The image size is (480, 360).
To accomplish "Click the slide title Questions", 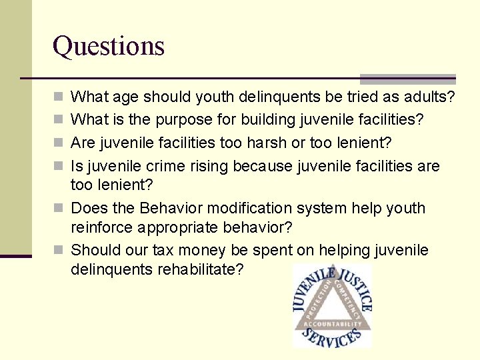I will click(x=109, y=46).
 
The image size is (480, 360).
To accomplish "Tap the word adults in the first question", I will click(x=427, y=97).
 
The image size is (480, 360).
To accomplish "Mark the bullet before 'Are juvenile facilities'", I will click(x=58, y=143).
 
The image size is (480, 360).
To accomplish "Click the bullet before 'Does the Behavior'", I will click(x=58, y=208).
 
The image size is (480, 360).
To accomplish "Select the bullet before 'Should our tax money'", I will click(x=58, y=251).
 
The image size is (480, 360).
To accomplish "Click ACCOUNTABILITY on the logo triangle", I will click(x=331, y=325).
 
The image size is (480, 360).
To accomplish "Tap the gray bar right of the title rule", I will click(x=407, y=79).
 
